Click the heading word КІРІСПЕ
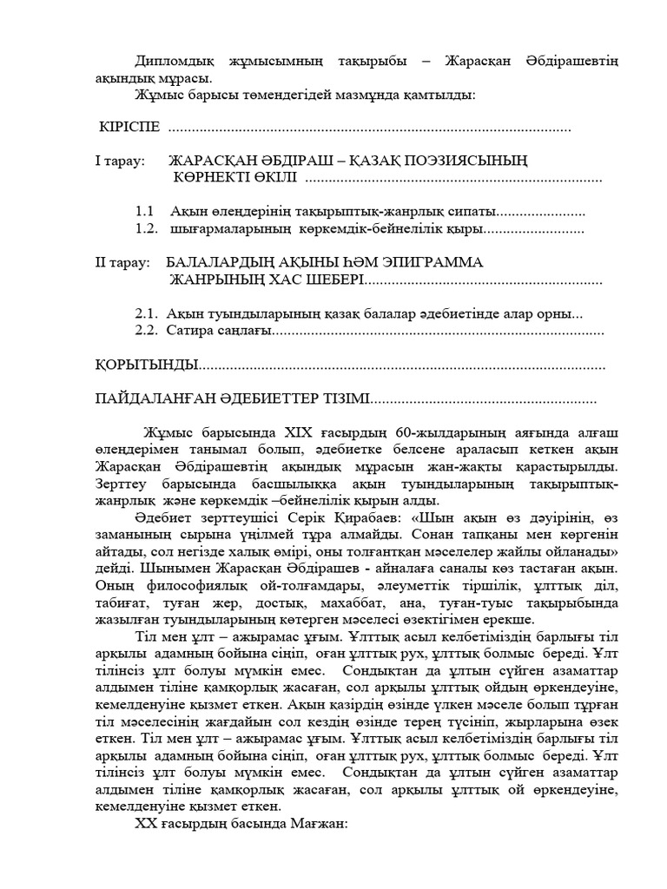(129, 128)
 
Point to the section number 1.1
(145, 212)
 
